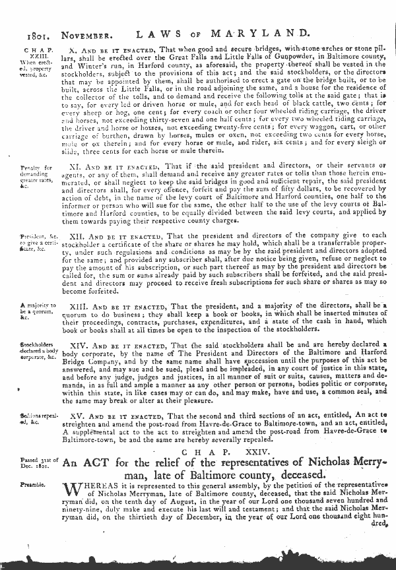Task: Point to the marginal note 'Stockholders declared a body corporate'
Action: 38,350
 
